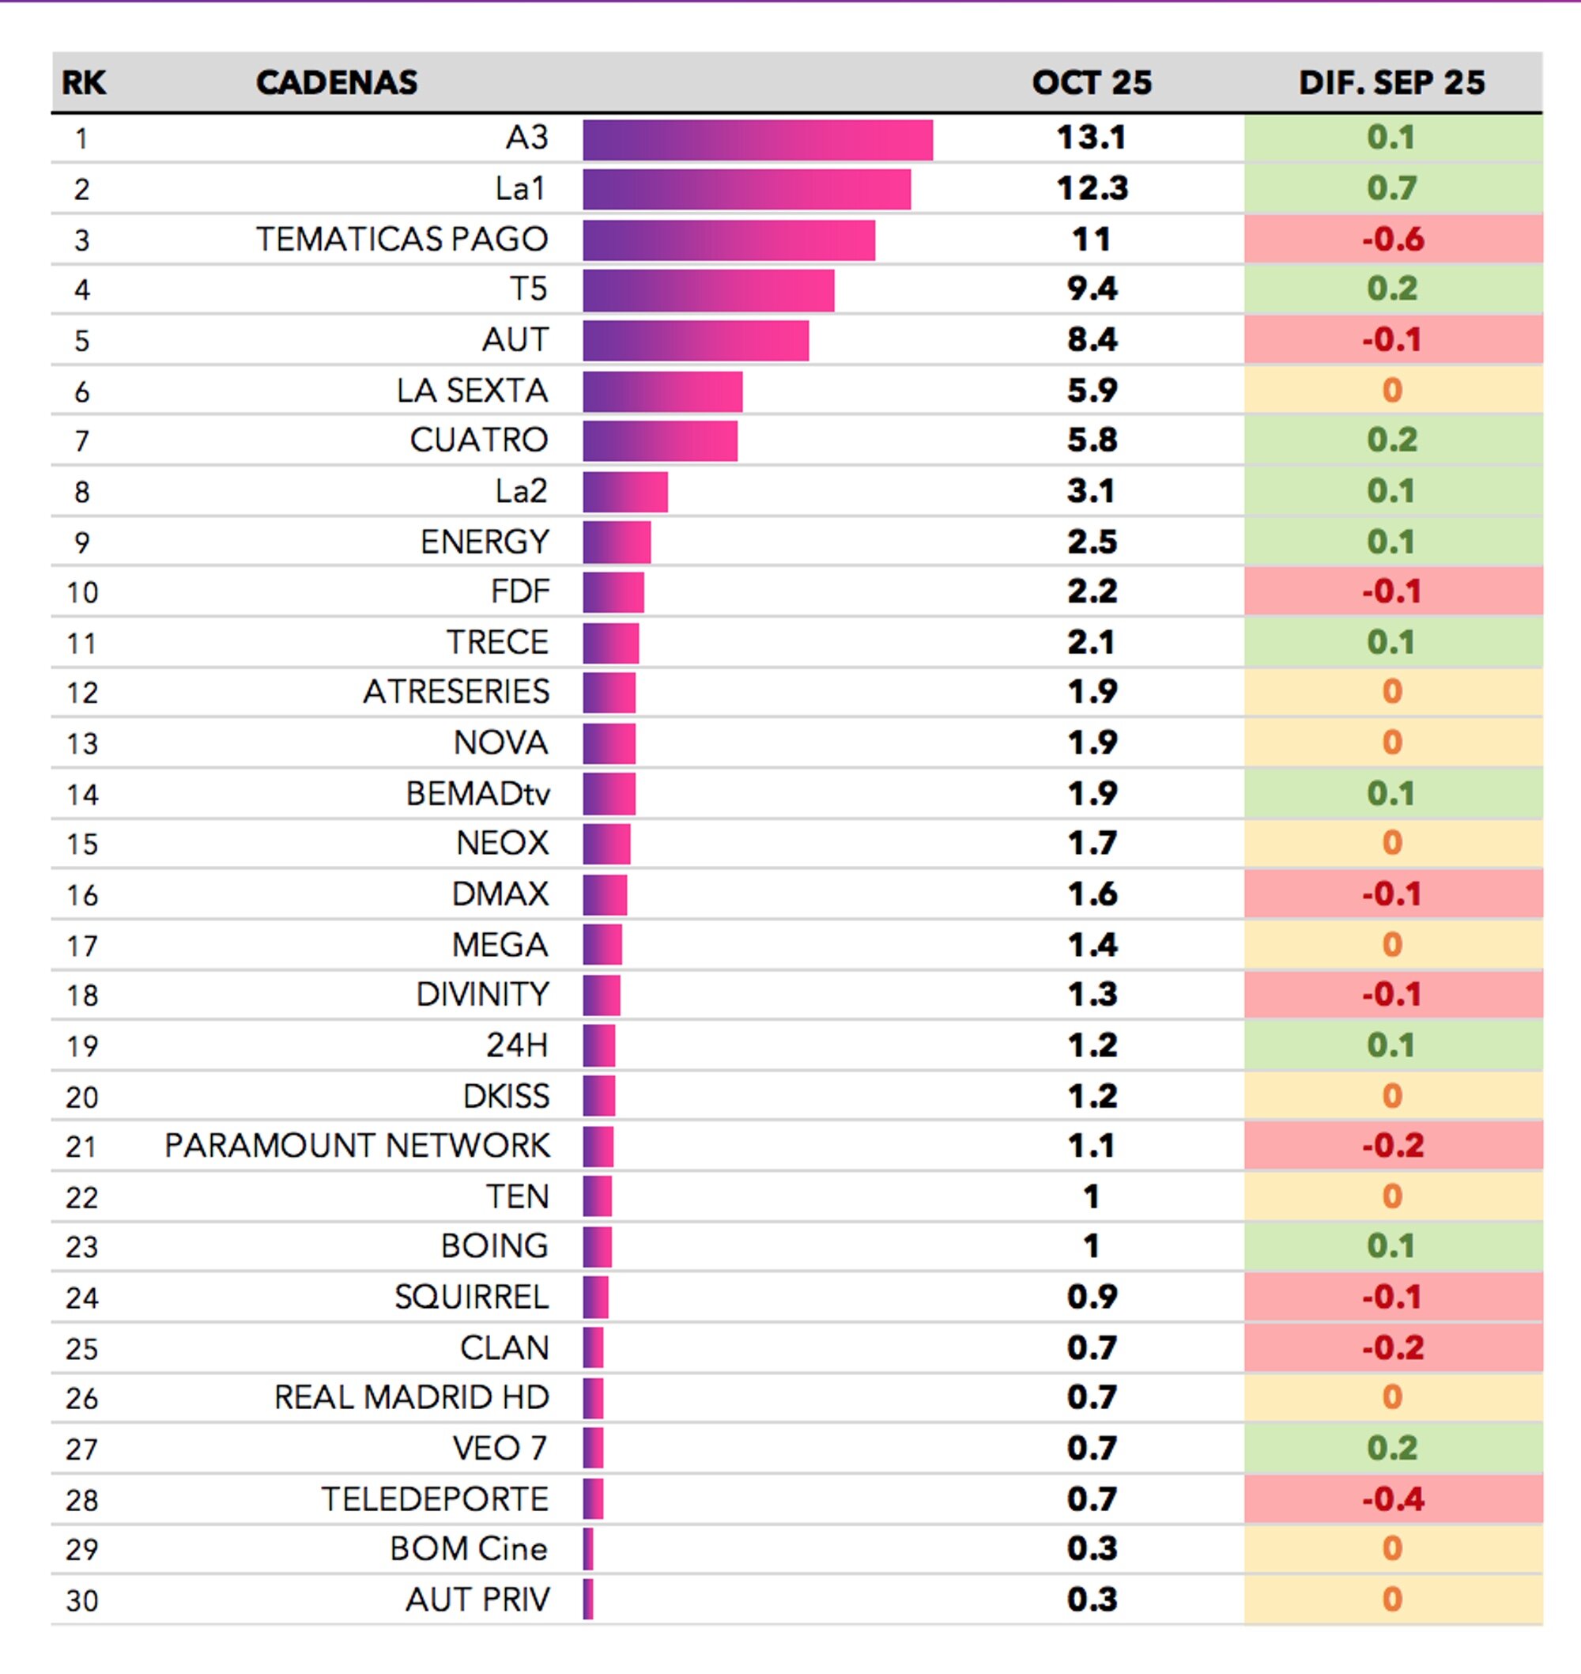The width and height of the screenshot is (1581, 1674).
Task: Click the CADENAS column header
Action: [336, 82]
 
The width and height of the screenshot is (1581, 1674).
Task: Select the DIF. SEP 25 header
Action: [1391, 82]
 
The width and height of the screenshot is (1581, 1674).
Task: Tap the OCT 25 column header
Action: [1092, 82]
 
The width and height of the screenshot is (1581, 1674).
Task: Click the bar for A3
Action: [757, 140]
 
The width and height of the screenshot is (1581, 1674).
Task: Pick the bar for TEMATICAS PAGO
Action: [728, 240]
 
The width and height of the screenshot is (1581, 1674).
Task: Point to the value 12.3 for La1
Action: [1092, 189]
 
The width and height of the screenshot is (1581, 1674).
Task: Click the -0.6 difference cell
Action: [1392, 240]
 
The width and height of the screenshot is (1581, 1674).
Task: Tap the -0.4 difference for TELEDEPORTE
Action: [1392, 1499]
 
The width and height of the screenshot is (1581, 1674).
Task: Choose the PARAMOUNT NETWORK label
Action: [357, 1147]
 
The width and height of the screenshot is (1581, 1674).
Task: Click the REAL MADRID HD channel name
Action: [411, 1397]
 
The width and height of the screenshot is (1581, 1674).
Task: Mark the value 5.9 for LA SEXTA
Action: [1092, 391]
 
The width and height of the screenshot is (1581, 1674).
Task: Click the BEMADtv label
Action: [477, 794]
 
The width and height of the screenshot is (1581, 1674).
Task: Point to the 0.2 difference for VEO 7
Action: [1392, 1449]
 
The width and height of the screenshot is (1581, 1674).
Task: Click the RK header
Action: [84, 82]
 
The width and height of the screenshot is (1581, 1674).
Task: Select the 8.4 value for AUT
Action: [1092, 341]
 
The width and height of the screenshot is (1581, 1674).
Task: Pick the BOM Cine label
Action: [468, 1549]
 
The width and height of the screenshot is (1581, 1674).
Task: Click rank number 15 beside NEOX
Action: [81, 845]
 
